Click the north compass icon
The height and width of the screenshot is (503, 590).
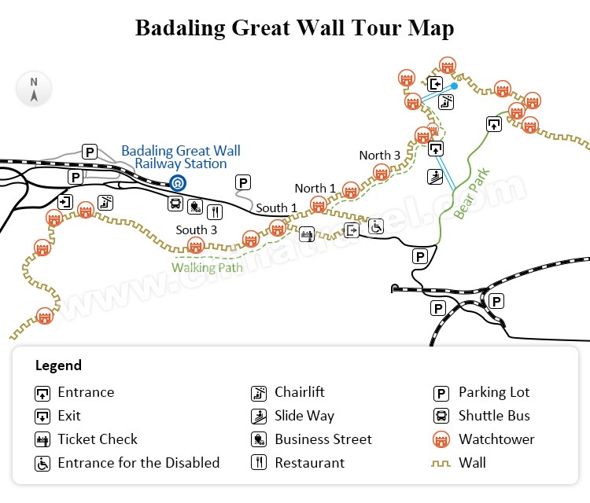click(34, 88)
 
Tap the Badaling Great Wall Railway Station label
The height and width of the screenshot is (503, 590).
click(181, 157)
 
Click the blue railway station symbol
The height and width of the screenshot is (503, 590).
click(179, 184)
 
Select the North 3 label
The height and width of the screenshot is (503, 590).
click(380, 156)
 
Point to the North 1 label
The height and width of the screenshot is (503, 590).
click(315, 189)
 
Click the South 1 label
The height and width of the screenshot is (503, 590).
click(277, 208)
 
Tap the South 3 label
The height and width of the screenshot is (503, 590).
click(197, 230)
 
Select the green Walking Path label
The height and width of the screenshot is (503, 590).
click(208, 267)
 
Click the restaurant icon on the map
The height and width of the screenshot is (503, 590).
click(215, 211)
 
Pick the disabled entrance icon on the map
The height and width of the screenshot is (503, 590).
click(377, 226)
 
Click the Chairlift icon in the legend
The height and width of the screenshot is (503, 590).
click(260, 393)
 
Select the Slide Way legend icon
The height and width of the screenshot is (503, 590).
click(260, 417)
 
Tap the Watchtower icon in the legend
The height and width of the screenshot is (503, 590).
click(442, 439)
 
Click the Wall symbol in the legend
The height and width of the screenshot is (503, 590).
click(442, 463)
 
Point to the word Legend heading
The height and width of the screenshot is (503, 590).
click(58, 365)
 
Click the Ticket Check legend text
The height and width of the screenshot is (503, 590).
click(98, 439)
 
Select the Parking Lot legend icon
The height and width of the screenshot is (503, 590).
click(442, 393)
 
